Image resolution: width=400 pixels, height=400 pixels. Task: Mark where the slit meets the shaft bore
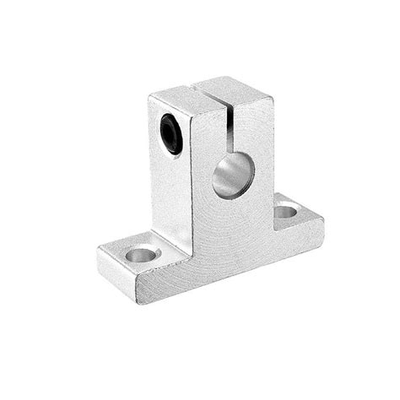232,143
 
